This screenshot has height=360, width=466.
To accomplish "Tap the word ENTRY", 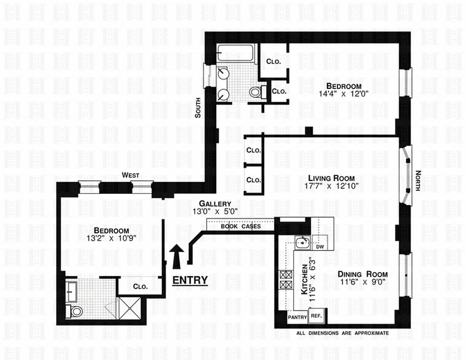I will pyautogui.click(x=190, y=280).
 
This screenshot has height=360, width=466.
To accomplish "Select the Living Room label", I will pyautogui.click(x=328, y=178).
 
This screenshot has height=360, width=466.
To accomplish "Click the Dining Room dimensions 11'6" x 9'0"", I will pyautogui.click(x=363, y=282).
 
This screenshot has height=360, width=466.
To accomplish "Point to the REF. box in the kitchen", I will pyautogui.click(x=316, y=317).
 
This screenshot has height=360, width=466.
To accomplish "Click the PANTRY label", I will pyautogui.click(x=297, y=317).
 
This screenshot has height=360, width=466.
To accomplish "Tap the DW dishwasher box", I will pyautogui.click(x=320, y=247).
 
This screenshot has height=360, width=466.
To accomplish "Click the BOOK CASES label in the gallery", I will pyautogui.click(x=241, y=226).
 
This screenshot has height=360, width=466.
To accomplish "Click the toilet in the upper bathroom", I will pyautogui.click(x=255, y=92).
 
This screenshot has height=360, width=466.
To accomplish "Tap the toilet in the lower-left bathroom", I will pyautogui.click(x=75, y=310).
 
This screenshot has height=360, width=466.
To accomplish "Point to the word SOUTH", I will pyautogui.click(x=197, y=108).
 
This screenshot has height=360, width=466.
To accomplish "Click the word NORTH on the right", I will pyautogui.click(x=417, y=180).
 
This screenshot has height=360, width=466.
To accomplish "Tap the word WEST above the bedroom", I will pyautogui.click(x=131, y=175).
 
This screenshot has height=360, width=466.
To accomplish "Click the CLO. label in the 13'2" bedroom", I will pyautogui.click(x=140, y=287).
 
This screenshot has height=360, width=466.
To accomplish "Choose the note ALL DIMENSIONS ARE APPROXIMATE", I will pyautogui.click(x=342, y=333).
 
